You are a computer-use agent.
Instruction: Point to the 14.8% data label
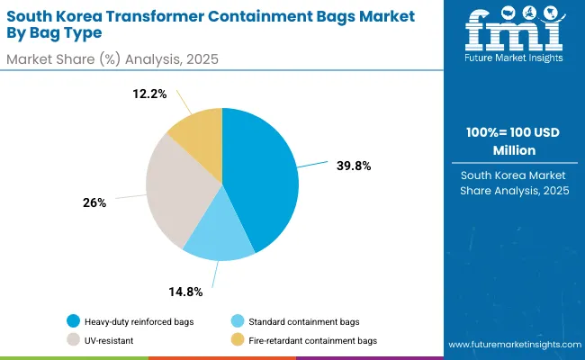184,292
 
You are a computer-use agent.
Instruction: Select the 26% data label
94,203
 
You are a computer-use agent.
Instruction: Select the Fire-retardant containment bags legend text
313,340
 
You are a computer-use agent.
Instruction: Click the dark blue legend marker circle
72,321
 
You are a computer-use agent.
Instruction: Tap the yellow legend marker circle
237,340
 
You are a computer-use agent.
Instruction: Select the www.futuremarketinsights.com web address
512,346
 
